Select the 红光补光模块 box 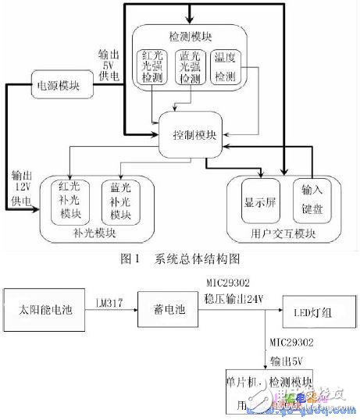click(70, 201)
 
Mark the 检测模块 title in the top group click(191, 37)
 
